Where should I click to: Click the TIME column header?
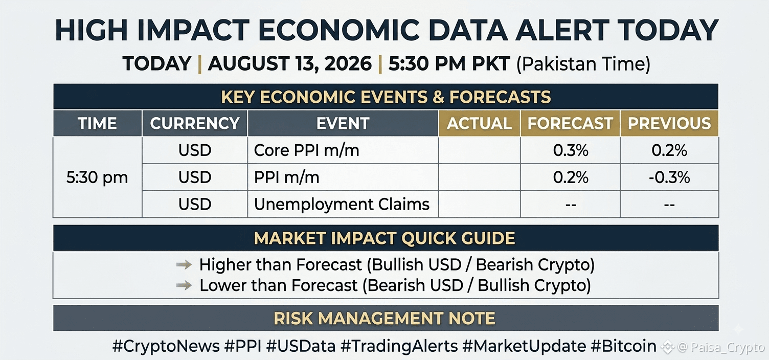[x=97, y=124]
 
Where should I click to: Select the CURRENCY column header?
[x=195, y=124]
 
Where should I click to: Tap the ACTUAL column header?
[x=479, y=124]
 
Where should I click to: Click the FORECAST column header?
[x=570, y=124]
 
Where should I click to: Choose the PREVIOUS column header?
[x=669, y=124]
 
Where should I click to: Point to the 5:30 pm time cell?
[x=97, y=177]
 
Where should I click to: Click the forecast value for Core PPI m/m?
[x=571, y=150]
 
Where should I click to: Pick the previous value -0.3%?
[x=669, y=177]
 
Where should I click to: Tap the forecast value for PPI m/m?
[x=571, y=177]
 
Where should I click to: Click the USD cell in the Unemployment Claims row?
[x=195, y=204]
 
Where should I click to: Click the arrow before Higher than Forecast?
[x=184, y=264]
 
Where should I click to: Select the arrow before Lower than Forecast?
[x=184, y=285]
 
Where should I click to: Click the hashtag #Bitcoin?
[x=623, y=346]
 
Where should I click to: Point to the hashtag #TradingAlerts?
[x=399, y=346]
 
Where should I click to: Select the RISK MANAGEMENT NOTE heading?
[x=384, y=319]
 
